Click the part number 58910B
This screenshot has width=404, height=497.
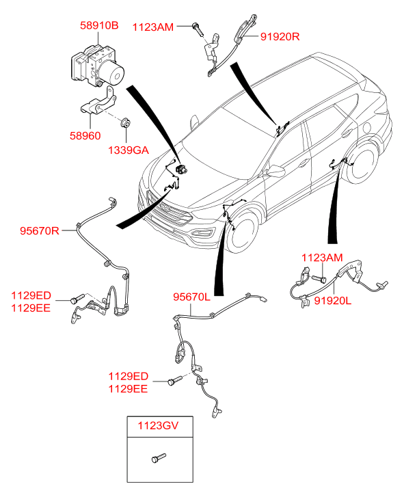click(99, 25)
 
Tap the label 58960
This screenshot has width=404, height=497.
click(85, 135)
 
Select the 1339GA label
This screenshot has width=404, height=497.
click(129, 150)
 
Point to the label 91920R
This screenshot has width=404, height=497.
click(280, 36)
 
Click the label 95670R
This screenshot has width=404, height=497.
click(40, 230)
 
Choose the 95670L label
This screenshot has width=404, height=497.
click(191, 297)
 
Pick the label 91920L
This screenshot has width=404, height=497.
click(332, 300)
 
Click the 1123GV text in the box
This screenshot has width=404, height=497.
click(158, 425)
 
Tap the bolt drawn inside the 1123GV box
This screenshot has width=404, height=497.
click(159, 458)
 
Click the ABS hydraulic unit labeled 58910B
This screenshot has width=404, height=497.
click(97, 66)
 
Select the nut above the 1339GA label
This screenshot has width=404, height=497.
click(126, 122)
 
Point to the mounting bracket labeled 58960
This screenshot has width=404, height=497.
click(98, 100)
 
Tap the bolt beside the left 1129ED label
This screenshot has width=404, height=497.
click(77, 299)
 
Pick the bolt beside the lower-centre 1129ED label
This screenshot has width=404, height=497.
click(175, 380)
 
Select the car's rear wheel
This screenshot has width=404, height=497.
click(361, 163)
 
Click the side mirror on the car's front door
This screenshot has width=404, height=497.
click(275, 170)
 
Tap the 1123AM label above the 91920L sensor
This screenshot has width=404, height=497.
click(322, 257)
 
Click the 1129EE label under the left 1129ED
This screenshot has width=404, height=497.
click(31, 308)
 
